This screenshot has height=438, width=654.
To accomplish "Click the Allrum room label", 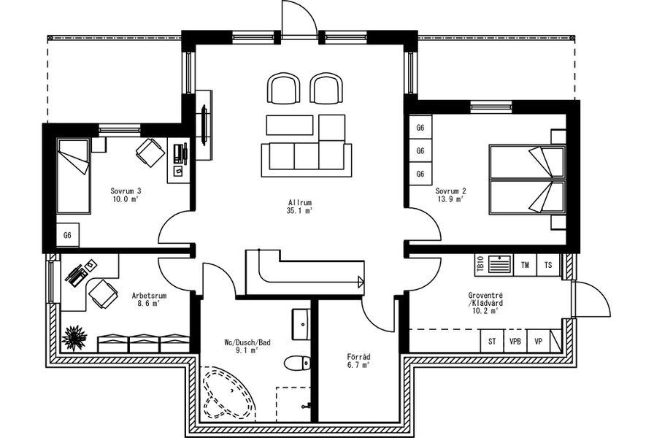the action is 299,203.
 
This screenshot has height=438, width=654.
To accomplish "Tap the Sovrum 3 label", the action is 126,191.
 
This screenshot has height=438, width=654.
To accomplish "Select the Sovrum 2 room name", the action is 451,191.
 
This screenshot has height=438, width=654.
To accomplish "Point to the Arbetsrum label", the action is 149,296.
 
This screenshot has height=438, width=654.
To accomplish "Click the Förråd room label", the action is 358,357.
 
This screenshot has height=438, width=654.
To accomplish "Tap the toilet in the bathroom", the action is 297,363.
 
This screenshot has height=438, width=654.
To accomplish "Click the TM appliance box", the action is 525,265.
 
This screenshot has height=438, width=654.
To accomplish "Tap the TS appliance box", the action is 548,265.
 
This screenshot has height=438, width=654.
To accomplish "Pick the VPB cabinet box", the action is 515,341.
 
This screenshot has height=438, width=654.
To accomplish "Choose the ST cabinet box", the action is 492,341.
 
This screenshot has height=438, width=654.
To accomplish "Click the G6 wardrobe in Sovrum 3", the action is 68,235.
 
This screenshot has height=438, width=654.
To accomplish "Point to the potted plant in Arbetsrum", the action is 74,338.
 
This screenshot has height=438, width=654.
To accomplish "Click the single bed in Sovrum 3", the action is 74,176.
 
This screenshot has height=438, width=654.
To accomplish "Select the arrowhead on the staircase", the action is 361,283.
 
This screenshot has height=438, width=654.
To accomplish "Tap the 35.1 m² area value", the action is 299,211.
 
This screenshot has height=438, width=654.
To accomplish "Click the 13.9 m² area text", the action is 451,199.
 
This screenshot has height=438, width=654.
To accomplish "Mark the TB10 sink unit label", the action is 480,264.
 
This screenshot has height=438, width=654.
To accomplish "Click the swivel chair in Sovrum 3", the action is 150,152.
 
